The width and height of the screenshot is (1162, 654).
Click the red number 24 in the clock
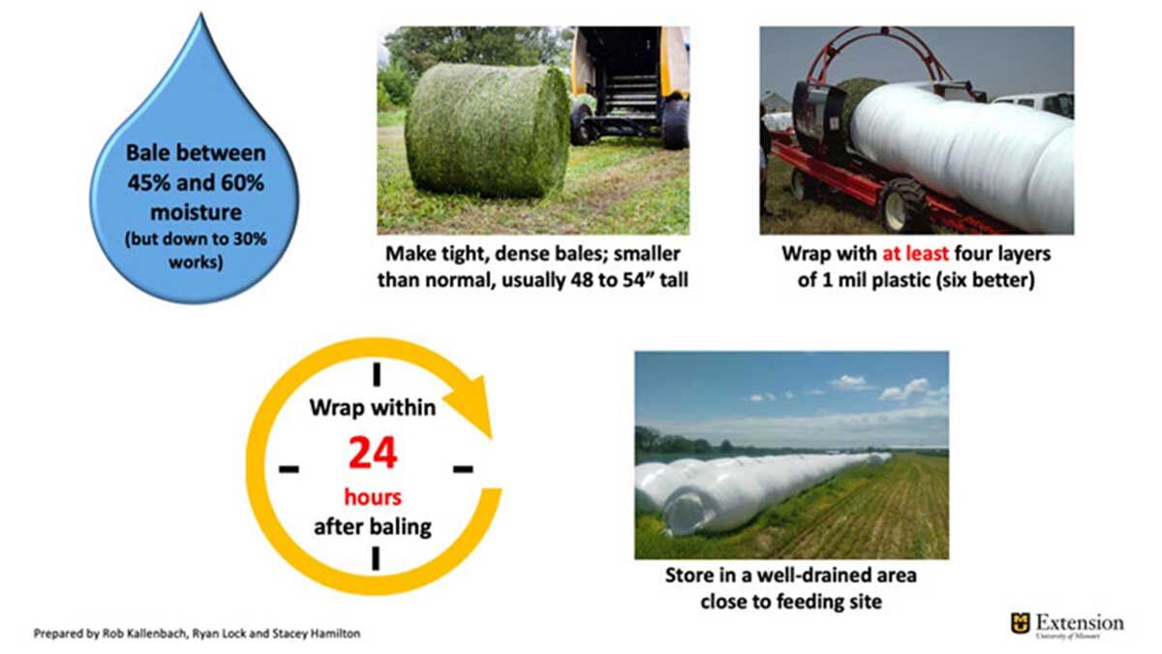(373, 453)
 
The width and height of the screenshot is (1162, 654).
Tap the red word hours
(373, 497)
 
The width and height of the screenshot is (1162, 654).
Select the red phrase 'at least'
(916, 253)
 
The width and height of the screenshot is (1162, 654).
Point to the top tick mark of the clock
(377, 374)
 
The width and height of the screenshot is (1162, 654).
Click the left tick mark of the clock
(289, 469)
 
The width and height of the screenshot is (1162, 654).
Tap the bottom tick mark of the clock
(376, 558)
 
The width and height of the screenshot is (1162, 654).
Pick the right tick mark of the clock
(463, 469)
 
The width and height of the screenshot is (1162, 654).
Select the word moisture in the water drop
(196, 212)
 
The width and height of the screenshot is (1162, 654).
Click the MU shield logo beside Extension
(1020, 623)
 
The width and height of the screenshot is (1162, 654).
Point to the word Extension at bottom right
(1080, 622)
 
